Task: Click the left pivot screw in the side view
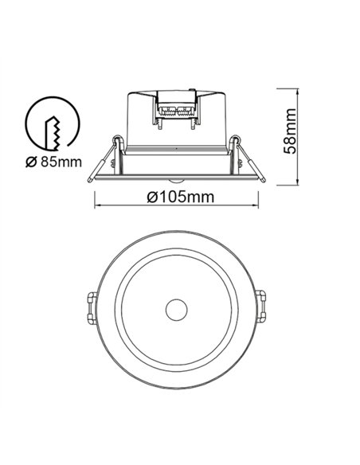tap(117, 144)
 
